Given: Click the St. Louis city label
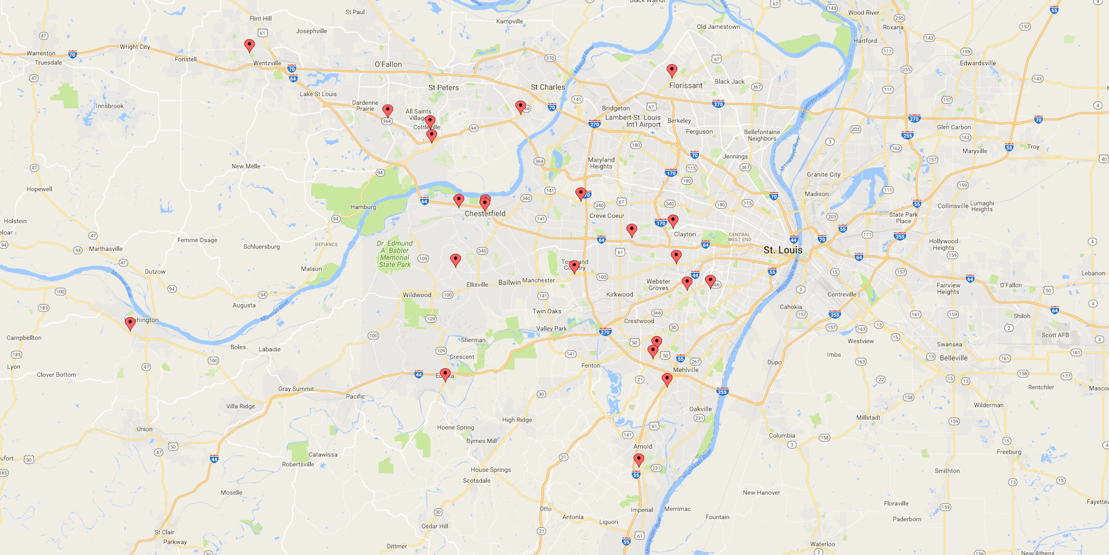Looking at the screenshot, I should tap(782, 250).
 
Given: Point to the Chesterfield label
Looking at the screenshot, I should tap(485, 214).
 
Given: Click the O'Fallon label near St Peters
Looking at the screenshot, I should tap(388, 64).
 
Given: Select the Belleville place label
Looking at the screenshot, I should tap(953, 358).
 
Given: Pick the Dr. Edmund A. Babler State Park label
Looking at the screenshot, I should tap(395, 254).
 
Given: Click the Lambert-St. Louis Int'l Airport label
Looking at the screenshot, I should tap(633, 121).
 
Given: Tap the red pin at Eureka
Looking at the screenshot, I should tap(445, 375).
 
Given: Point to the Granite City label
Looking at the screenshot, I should tap(823, 174).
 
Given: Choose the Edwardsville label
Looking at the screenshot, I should tap(978, 63).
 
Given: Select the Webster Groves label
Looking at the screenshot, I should tap(658, 285).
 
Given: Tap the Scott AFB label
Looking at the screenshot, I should tap(1055, 335).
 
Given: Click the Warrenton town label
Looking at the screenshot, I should tap(41, 53).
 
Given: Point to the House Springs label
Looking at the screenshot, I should tap(491, 470).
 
